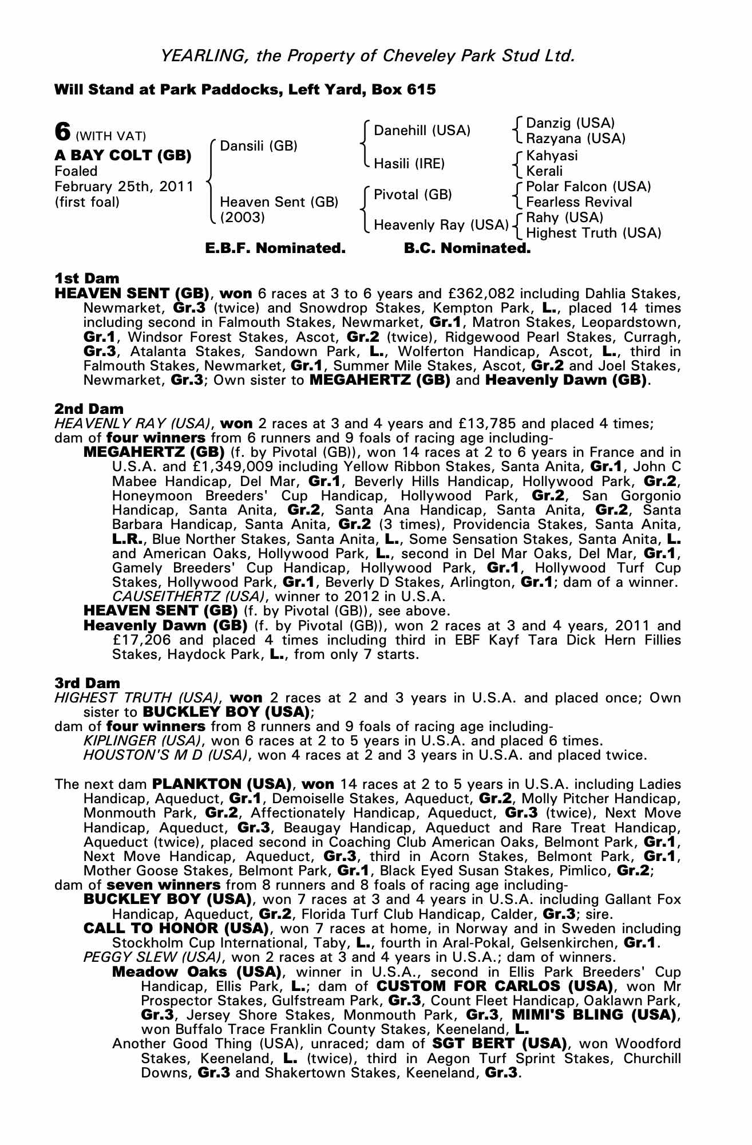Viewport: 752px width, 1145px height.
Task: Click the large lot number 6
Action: [62, 131]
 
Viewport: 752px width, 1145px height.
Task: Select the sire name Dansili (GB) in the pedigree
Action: [258, 145]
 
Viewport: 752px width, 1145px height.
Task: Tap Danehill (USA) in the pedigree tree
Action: [422, 131]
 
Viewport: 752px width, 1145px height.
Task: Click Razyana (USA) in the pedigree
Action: [575, 139]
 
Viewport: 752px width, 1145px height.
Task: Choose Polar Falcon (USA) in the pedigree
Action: [588, 187]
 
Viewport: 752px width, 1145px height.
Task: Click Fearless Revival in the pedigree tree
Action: [579, 202]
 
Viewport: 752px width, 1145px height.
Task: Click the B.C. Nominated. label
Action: [467, 248]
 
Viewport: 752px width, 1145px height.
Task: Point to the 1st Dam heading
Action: [87, 279]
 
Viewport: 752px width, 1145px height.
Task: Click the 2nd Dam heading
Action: [89, 409]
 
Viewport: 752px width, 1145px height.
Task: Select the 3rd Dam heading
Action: [88, 683]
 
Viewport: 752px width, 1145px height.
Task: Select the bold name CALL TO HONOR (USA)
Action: [176, 928]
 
